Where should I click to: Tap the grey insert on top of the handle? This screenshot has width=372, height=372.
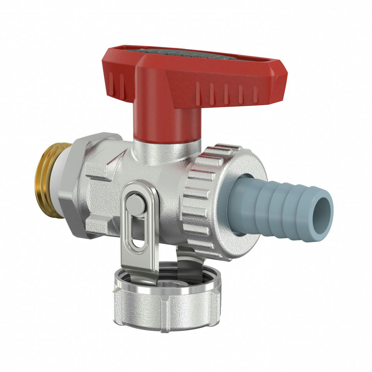click(x=184, y=54)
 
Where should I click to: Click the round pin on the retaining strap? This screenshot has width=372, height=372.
click(x=136, y=204)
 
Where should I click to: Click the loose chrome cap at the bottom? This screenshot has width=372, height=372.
click(x=167, y=307)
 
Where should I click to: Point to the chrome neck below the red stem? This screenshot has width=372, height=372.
click(x=167, y=148)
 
